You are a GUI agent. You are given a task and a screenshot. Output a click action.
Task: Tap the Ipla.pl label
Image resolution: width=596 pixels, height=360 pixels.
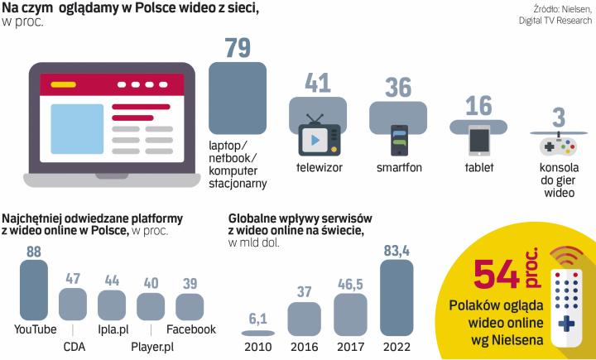click(x=112, y=329)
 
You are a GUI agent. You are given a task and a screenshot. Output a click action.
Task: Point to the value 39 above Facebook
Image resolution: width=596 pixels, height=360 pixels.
click(x=190, y=283)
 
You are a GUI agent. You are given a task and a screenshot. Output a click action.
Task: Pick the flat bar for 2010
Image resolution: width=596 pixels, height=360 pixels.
click(x=258, y=333)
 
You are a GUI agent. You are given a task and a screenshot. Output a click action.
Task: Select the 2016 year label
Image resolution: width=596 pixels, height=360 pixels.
click(x=304, y=346)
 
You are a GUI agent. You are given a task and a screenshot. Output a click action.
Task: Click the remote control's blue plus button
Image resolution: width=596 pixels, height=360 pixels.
click(x=566, y=321)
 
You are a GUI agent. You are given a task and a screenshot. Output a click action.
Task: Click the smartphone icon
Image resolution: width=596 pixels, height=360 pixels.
click(x=400, y=141)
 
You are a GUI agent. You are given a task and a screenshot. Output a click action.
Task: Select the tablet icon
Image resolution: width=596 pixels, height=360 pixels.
click(x=479, y=139)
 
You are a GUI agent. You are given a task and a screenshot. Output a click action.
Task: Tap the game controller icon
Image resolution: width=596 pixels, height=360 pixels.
click(x=559, y=146)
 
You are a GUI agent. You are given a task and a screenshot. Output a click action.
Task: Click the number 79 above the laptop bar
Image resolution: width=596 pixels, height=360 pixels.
click(x=238, y=47)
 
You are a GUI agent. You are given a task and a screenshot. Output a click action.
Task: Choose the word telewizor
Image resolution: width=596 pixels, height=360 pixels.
click(x=319, y=167)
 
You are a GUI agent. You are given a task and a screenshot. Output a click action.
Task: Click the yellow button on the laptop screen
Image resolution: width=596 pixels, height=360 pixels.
click(x=64, y=84)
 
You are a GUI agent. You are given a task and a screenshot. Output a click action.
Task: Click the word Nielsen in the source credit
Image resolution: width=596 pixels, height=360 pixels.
click(x=574, y=9)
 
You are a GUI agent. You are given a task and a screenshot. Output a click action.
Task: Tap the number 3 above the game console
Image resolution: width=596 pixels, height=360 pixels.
click(x=559, y=116)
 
